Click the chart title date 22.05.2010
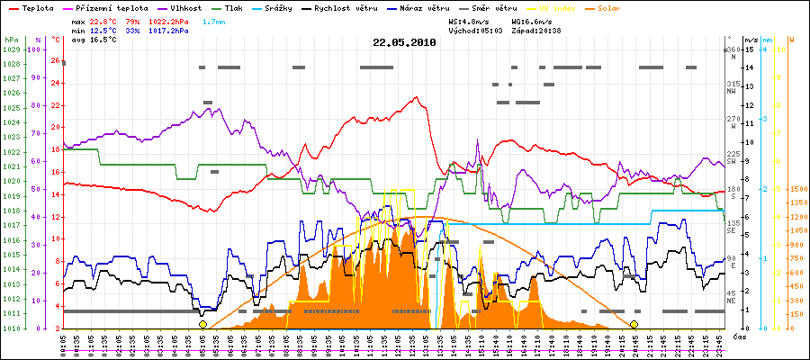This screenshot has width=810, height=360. pos(404,41)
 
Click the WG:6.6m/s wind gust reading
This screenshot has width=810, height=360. pos(529,20)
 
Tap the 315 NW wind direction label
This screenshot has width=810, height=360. pos(735,86)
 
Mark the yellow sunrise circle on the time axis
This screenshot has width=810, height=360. pos(203,324)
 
